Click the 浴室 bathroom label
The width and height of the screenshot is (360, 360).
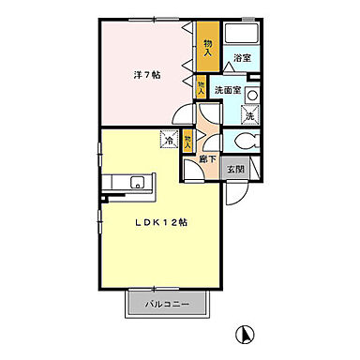pos(241,58)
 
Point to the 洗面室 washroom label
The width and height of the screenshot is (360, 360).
pos(228,90)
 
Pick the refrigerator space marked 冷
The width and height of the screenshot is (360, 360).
pos(170,141)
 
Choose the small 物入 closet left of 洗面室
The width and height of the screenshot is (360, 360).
pos(202,90)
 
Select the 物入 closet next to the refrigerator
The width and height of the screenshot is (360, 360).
pos(188,141)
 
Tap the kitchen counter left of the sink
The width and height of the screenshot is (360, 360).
pos(115,182)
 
